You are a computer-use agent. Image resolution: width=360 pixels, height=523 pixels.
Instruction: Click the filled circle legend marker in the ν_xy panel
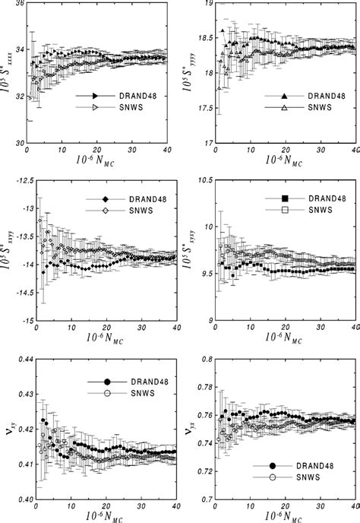(x=107, y=381)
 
